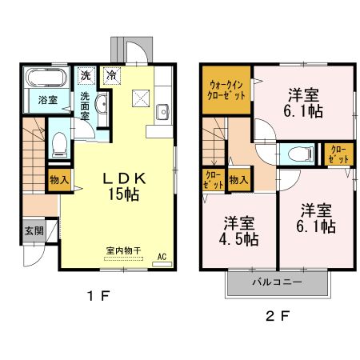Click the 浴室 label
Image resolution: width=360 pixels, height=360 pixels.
pyautogui.click(x=47, y=100)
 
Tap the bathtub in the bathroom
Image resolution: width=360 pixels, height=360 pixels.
pyautogui.click(x=47, y=79)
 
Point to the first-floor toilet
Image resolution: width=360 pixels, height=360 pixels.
pyautogui.click(x=58, y=143)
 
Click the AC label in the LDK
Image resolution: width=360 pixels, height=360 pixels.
pyautogui.click(x=161, y=258)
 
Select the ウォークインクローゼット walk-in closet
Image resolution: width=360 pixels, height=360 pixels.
pyautogui.click(x=229, y=88)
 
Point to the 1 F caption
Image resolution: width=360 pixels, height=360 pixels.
pyautogui.click(x=98, y=296)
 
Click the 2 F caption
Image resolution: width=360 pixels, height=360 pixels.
pyautogui.click(x=276, y=314)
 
